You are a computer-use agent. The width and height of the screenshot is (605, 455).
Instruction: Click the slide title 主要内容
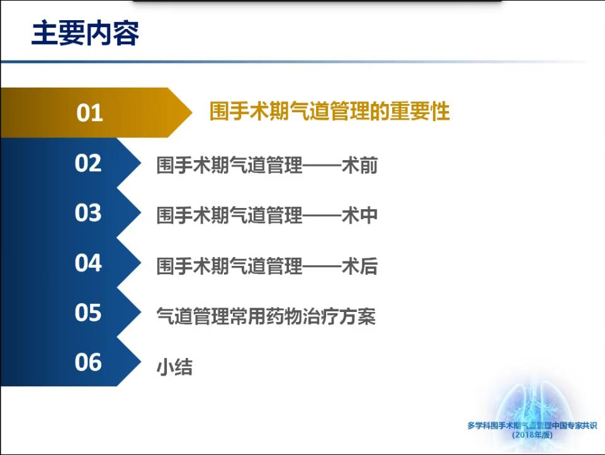(x=85, y=33)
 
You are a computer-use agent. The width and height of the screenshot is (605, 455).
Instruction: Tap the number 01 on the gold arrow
(x=89, y=113)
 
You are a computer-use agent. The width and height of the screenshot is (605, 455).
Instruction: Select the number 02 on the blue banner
(x=88, y=163)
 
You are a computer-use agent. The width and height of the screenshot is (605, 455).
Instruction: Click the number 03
(x=88, y=213)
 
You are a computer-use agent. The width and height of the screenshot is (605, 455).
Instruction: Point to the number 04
(x=88, y=263)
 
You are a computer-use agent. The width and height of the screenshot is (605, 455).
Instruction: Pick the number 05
(x=88, y=313)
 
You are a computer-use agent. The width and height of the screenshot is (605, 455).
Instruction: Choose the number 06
(x=88, y=362)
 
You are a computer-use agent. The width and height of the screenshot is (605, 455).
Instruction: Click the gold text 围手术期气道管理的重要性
(x=329, y=112)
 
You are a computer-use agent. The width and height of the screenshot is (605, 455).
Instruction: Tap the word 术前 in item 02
(x=359, y=165)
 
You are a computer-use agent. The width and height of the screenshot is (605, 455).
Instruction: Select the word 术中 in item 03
(x=359, y=215)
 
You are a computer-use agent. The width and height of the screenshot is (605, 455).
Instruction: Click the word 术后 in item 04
(x=359, y=266)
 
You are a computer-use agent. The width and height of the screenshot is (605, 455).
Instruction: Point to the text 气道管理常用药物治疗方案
(x=266, y=316)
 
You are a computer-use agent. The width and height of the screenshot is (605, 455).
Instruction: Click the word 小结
(x=174, y=367)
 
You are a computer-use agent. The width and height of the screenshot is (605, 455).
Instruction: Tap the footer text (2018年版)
(x=533, y=435)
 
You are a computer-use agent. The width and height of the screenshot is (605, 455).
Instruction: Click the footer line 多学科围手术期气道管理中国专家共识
(x=532, y=425)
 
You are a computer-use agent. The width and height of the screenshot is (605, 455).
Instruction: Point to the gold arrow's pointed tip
(x=192, y=112)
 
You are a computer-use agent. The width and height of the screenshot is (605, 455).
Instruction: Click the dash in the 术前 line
(x=322, y=166)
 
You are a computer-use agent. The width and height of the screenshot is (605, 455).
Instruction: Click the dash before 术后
(x=322, y=267)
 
